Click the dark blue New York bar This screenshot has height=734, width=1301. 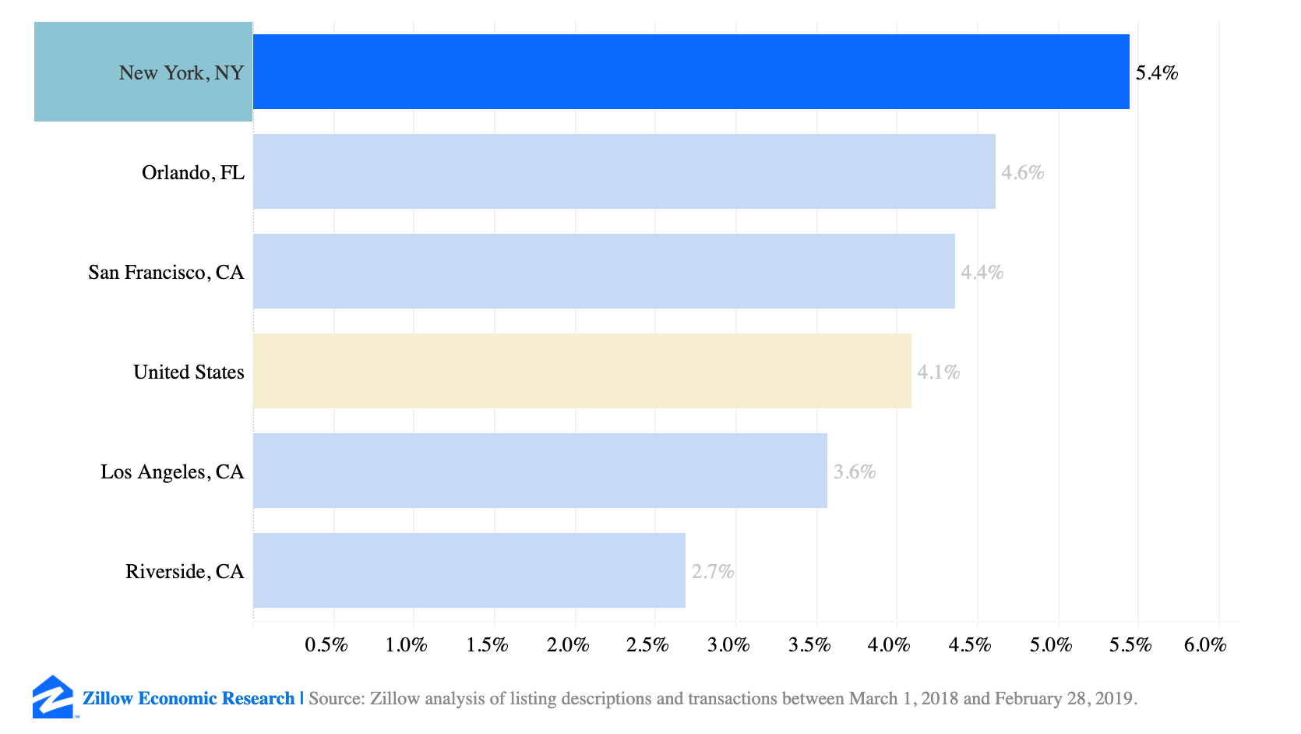tap(691, 72)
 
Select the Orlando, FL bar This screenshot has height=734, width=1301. tap(624, 171)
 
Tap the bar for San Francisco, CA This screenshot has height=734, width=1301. tap(604, 271)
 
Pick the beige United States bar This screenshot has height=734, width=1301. tap(582, 371)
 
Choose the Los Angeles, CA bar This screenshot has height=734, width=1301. tap(540, 471)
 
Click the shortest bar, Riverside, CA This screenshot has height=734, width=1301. tap(469, 570)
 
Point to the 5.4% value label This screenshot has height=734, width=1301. tap(1156, 73)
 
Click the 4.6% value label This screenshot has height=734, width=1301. tap(1022, 173)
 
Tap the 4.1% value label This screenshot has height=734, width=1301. tap(938, 372)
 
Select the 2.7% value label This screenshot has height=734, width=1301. tap(713, 572)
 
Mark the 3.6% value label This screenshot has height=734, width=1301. tap(855, 472)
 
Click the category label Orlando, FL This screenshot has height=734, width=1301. tap(192, 173)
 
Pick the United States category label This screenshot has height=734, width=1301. tap(189, 372)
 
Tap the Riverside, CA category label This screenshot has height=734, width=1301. tap(185, 572)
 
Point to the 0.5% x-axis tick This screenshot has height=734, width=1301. tap(326, 645)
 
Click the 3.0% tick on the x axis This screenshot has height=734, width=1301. tap(728, 645)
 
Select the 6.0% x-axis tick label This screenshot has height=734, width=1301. tap(1205, 645)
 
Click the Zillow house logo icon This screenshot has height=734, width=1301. tap(53, 697)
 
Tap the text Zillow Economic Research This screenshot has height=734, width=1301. tap(189, 698)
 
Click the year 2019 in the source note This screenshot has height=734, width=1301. tap(1112, 698)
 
